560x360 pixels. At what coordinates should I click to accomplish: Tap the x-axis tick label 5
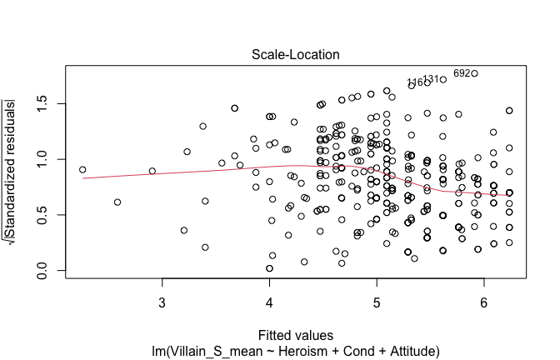377,301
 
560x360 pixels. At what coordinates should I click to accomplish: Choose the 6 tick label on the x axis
484,301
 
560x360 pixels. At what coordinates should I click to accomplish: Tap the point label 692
462,73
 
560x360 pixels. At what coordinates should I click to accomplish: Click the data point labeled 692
474,73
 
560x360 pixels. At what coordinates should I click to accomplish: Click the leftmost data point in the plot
82,170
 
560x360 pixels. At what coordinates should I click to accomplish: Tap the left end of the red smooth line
82,178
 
